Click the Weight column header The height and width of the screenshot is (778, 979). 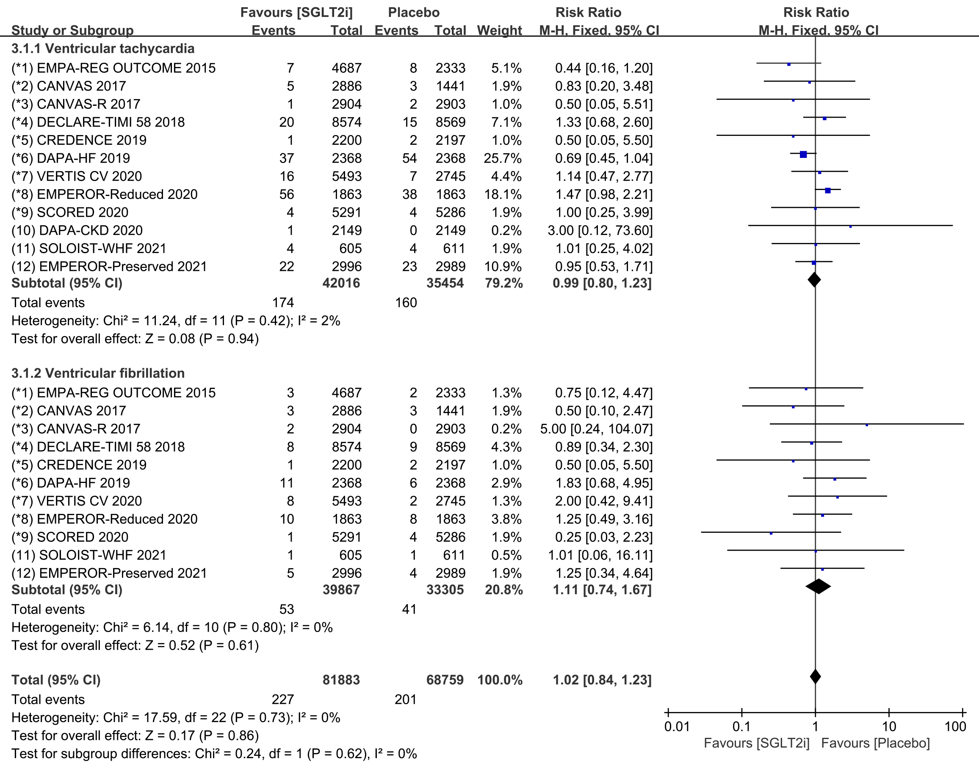pos(500,30)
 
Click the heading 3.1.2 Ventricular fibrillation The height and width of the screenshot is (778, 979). pos(98,373)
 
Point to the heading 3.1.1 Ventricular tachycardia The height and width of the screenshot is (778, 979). pos(103,49)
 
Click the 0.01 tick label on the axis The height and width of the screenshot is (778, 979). pos(677,726)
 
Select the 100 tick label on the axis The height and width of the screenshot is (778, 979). pos(955,726)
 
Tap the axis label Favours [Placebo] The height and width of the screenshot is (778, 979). pos(876,743)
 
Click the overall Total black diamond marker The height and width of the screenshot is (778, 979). pos(815,677)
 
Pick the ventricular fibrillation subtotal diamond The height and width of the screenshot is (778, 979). pos(818,586)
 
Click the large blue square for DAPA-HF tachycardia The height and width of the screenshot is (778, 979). pos(803,154)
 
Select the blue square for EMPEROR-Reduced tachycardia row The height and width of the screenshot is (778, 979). pos(828,190)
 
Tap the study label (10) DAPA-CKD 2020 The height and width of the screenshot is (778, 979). pos(77,230)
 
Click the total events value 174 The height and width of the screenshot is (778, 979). pos(282,302)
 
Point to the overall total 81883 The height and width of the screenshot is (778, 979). pos(341,679)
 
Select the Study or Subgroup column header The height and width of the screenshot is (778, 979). pos(73,30)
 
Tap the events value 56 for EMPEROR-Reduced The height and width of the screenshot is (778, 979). pos(287,194)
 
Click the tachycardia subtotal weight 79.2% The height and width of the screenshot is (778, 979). pos(504,283)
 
